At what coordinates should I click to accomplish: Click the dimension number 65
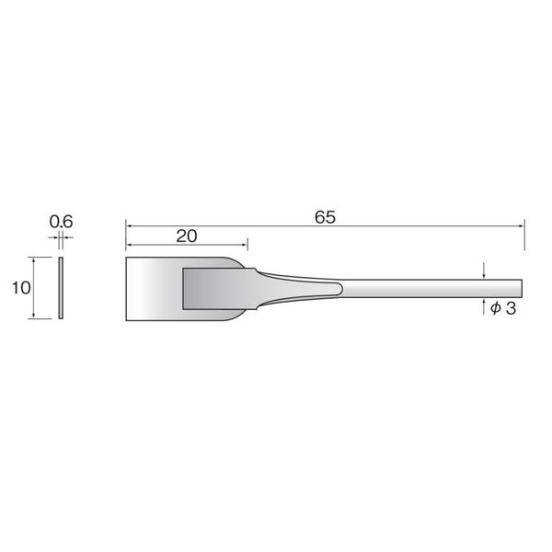(325, 217)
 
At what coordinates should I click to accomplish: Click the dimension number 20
(186, 236)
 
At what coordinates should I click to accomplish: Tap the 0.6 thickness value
(62, 222)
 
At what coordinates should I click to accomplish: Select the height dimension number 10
(21, 288)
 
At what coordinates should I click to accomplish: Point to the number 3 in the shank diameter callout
(511, 308)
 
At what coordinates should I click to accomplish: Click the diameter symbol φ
(496, 308)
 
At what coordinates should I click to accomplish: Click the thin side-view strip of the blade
(61, 288)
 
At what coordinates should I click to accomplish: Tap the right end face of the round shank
(522, 289)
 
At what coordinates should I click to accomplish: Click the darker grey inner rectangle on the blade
(218, 289)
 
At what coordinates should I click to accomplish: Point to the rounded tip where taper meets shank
(341, 289)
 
